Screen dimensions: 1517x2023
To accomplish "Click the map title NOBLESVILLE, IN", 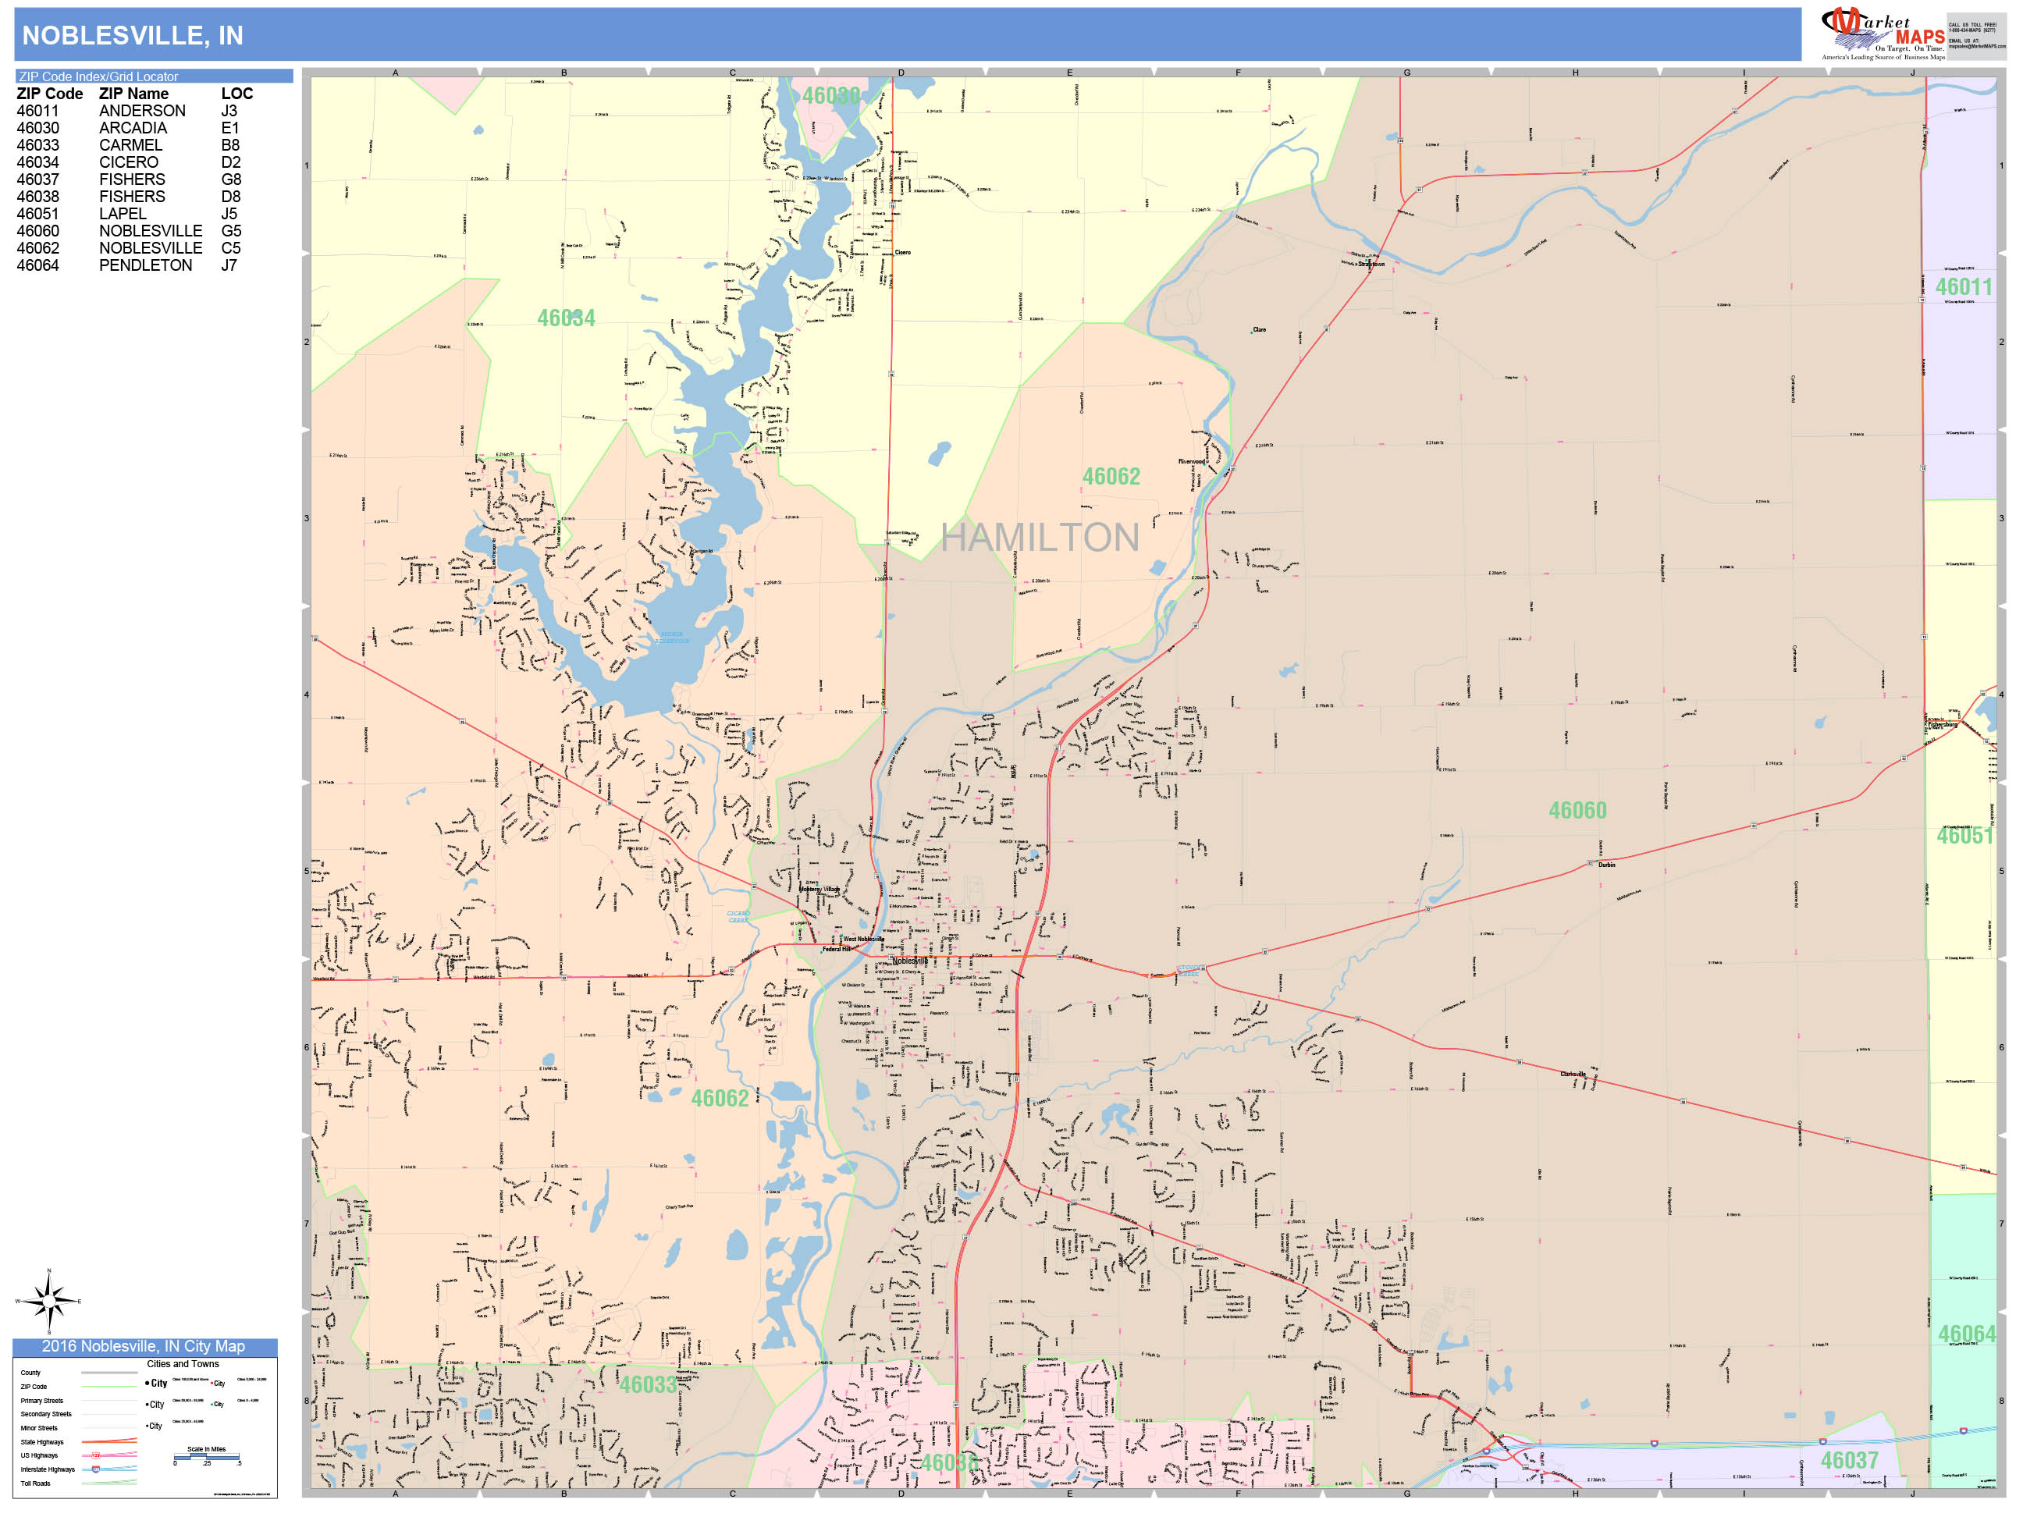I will (133, 36).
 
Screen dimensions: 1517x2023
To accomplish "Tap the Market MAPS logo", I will (1883, 33).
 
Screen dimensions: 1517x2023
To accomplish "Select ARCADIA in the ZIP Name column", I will (133, 128).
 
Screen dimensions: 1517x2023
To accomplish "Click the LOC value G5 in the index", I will (231, 231).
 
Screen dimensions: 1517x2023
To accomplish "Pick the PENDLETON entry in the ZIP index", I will (145, 265).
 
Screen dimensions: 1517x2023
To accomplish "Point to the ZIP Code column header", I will (49, 94).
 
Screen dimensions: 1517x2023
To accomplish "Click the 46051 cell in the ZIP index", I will (37, 214).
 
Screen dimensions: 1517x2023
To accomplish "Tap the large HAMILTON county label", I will (1040, 538).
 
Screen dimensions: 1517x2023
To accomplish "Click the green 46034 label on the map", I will (566, 318).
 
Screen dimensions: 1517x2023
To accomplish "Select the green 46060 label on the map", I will (1577, 810).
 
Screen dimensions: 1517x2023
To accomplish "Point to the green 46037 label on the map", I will (1848, 1460).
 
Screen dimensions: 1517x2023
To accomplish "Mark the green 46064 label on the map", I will (1966, 1334).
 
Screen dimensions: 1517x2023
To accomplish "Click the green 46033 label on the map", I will (649, 1384).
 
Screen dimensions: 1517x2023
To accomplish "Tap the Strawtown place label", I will (1371, 265).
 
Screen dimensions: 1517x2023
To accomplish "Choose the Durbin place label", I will (1606, 864).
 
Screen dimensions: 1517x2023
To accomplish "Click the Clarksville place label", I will (1572, 1074).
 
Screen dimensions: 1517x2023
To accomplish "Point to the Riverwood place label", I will (1191, 462).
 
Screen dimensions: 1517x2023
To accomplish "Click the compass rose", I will (48, 1300).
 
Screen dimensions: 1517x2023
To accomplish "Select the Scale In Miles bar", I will (207, 1458).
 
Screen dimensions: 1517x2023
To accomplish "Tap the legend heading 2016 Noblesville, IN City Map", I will (144, 1346).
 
